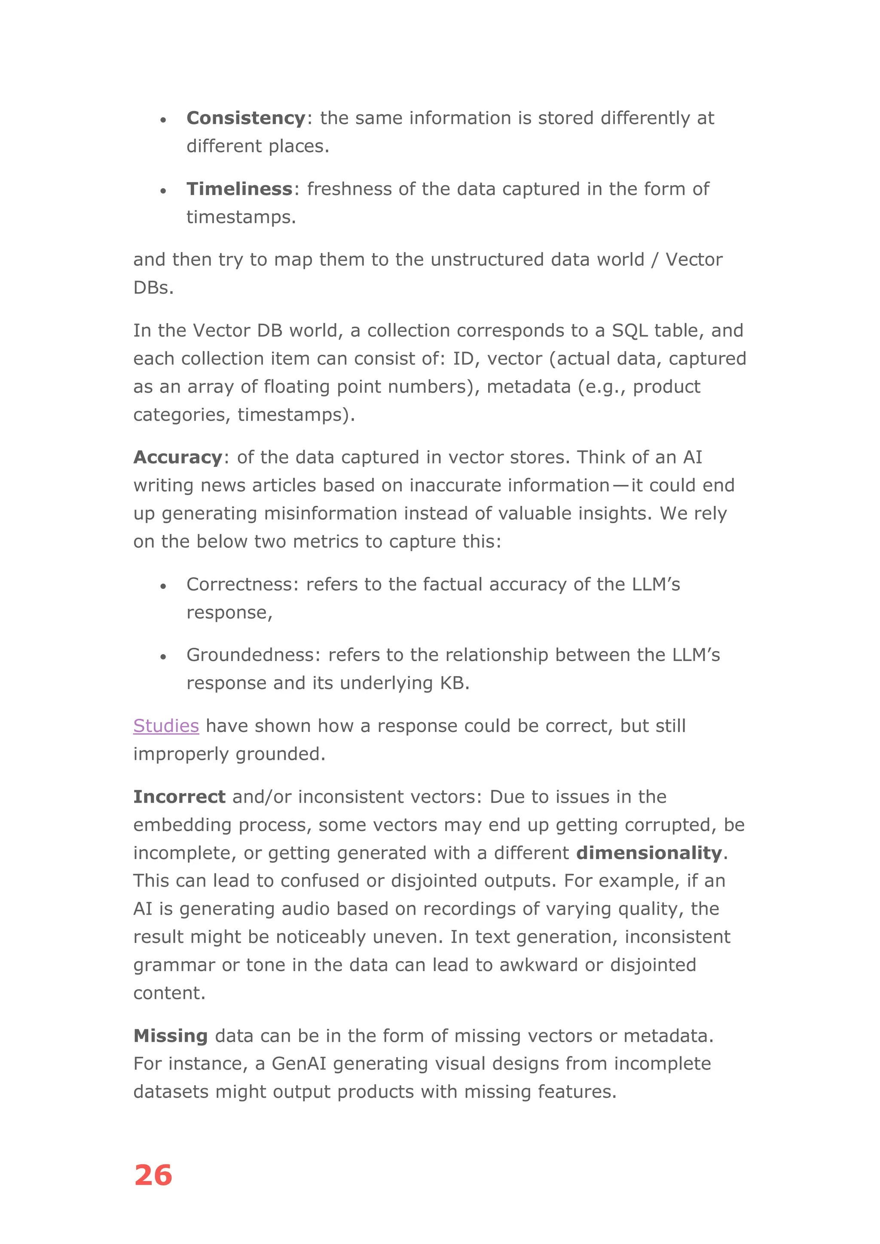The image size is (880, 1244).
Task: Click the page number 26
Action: coord(153,1175)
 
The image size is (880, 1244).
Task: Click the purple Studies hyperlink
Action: coord(166,726)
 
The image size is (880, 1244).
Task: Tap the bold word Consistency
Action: coord(246,118)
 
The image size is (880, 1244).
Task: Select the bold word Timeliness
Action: coord(239,189)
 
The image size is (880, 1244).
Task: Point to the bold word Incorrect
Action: coord(179,797)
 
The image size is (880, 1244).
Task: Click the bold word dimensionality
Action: coord(649,854)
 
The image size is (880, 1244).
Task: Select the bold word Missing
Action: coord(171,1036)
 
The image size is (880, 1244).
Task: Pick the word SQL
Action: coord(629,330)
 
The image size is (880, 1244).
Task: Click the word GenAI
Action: coord(299,1064)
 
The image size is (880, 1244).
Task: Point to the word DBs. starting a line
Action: coord(153,288)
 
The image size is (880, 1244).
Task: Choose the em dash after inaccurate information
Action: coord(620,485)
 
